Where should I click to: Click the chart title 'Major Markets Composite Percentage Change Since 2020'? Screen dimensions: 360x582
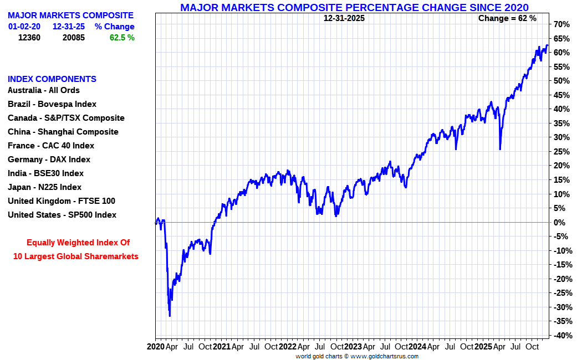[x=354, y=7]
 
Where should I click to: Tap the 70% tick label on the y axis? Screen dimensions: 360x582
[x=561, y=24]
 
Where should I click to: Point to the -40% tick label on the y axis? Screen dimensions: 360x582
[x=560, y=336]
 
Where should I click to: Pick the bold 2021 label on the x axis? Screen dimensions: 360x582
[x=222, y=347]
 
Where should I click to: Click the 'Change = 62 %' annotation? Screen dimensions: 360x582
[x=507, y=18]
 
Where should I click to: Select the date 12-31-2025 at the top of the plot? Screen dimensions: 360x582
[x=344, y=18]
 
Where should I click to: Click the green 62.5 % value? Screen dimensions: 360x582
[x=122, y=38]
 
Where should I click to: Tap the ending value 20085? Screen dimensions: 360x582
[x=73, y=38]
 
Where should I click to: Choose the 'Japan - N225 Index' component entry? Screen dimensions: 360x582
[x=44, y=187]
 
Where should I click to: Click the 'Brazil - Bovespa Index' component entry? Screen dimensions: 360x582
[x=52, y=104]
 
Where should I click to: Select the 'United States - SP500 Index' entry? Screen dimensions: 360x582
[x=62, y=215]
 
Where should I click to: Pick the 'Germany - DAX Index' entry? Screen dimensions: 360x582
[x=49, y=160]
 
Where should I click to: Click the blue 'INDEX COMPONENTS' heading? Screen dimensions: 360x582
[x=52, y=79]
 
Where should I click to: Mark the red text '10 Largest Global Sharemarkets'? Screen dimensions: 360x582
[x=76, y=256]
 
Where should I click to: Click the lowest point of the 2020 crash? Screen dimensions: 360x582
[x=170, y=316]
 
